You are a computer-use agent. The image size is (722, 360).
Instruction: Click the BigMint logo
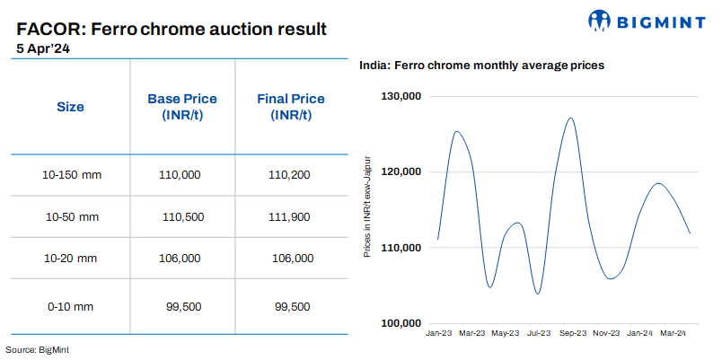[x=646, y=20]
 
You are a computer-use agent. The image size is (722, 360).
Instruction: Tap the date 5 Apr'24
[x=42, y=48]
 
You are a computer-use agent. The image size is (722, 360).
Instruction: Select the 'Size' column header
[x=70, y=107]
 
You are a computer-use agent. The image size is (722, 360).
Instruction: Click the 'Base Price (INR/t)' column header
[x=182, y=107]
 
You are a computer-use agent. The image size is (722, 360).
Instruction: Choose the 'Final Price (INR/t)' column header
[x=291, y=107]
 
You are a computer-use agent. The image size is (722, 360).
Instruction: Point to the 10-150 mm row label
[x=73, y=174]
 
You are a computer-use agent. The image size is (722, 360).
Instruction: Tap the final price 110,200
[x=290, y=174]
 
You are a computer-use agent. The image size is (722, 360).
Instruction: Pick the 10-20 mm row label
[x=71, y=259]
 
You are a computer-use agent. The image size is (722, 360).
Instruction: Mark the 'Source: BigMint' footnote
[x=37, y=348]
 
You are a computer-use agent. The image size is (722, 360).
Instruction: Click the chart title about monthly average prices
[x=481, y=66]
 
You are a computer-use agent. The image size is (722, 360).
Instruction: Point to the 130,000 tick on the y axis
[x=401, y=96]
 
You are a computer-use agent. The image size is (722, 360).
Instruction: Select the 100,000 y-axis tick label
[x=401, y=323]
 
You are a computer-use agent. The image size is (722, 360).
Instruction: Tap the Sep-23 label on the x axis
[x=572, y=333]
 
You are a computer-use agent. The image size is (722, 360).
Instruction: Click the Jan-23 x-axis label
[x=439, y=333]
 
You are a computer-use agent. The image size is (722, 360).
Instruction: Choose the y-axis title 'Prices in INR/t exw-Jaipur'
[x=368, y=206]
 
